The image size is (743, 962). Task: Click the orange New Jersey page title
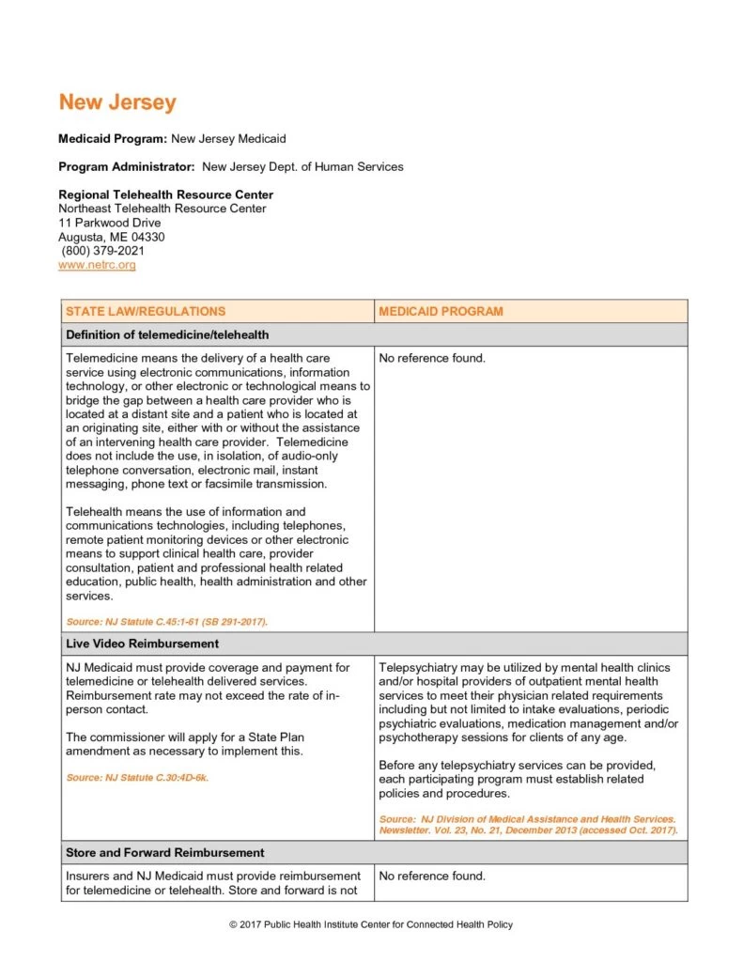(116, 102)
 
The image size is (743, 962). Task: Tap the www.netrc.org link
(97, 266)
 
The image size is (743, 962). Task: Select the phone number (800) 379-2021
(103, 251)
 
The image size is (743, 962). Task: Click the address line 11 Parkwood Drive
(109, 223)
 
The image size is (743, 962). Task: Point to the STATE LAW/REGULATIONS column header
(146, 311)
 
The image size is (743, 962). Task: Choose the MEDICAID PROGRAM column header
(441, 311)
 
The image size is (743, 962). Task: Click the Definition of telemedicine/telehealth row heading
(167, 334)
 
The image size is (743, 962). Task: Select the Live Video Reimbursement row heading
(142, 644)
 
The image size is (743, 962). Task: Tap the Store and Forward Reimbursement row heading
(164, 853)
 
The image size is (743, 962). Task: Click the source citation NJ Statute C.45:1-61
(166, 622)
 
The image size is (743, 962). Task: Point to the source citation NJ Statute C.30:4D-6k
(137, 778)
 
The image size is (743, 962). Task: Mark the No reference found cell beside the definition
(432, 358)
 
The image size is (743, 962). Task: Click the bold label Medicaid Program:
(113, 139)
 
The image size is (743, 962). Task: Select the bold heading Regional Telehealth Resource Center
(165, 194)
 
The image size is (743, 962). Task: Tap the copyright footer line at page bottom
(371, 925)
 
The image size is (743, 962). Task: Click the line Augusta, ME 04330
(111, 237)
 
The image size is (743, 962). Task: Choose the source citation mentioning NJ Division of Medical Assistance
(527, 826)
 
